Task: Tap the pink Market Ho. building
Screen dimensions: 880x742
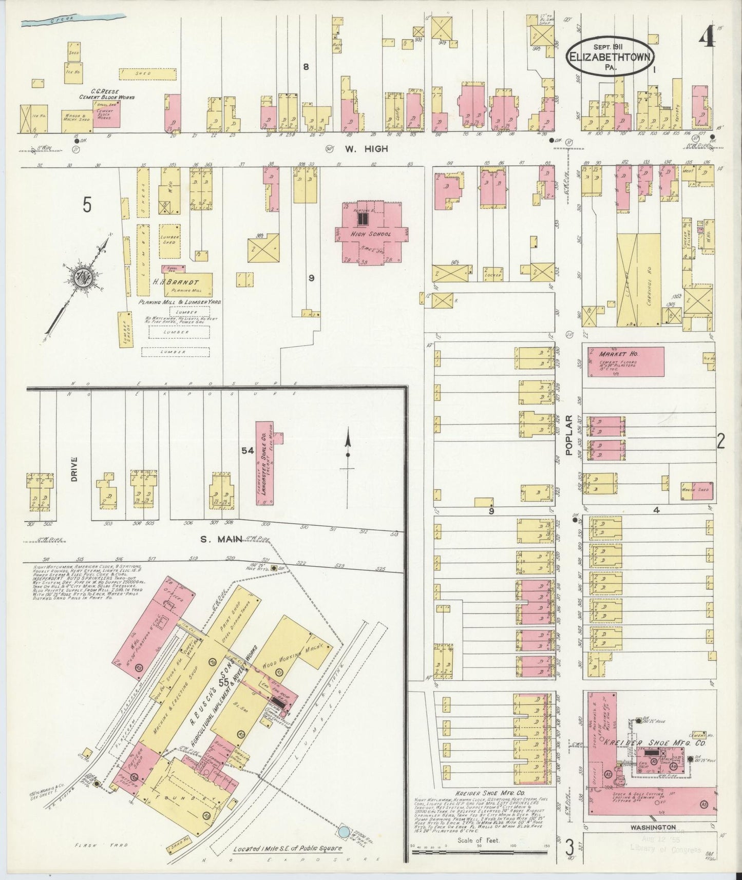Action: point(626,361)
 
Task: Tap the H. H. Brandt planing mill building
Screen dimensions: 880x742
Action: point(187,283)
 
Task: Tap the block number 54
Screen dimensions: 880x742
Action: point(248,450)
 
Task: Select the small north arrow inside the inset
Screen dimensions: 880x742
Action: point(348,452)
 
